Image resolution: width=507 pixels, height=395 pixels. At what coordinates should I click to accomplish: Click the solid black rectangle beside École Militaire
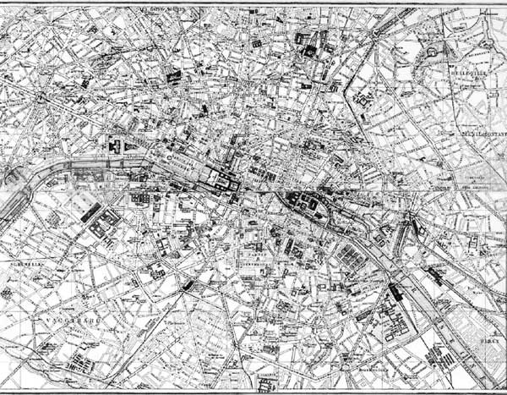coord(90,212)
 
